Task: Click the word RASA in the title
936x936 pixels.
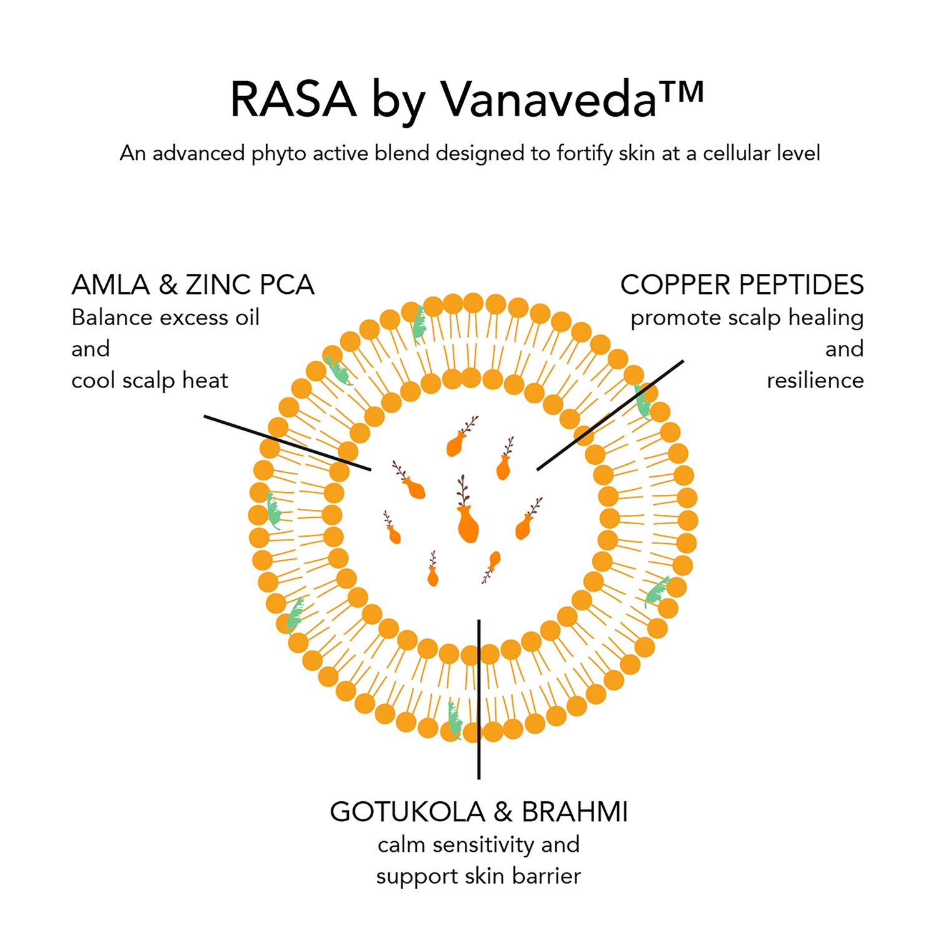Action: (293, 99)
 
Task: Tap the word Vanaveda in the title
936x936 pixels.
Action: (549, 99)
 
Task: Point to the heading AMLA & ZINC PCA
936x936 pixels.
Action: (193, 285)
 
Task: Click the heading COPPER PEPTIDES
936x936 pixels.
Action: (742, 285)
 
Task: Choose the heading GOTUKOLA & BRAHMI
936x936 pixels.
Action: (479, 812)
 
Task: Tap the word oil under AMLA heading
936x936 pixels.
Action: (247, 318)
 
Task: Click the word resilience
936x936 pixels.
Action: (815, 380)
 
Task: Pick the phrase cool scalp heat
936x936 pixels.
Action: (150, 381)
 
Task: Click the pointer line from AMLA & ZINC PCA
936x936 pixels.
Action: (288, 442)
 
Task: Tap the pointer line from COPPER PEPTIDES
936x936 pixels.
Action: (610, 415)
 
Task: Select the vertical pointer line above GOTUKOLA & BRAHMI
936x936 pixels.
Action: (479, 699)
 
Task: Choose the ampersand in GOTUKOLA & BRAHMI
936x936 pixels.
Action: (503, 812)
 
